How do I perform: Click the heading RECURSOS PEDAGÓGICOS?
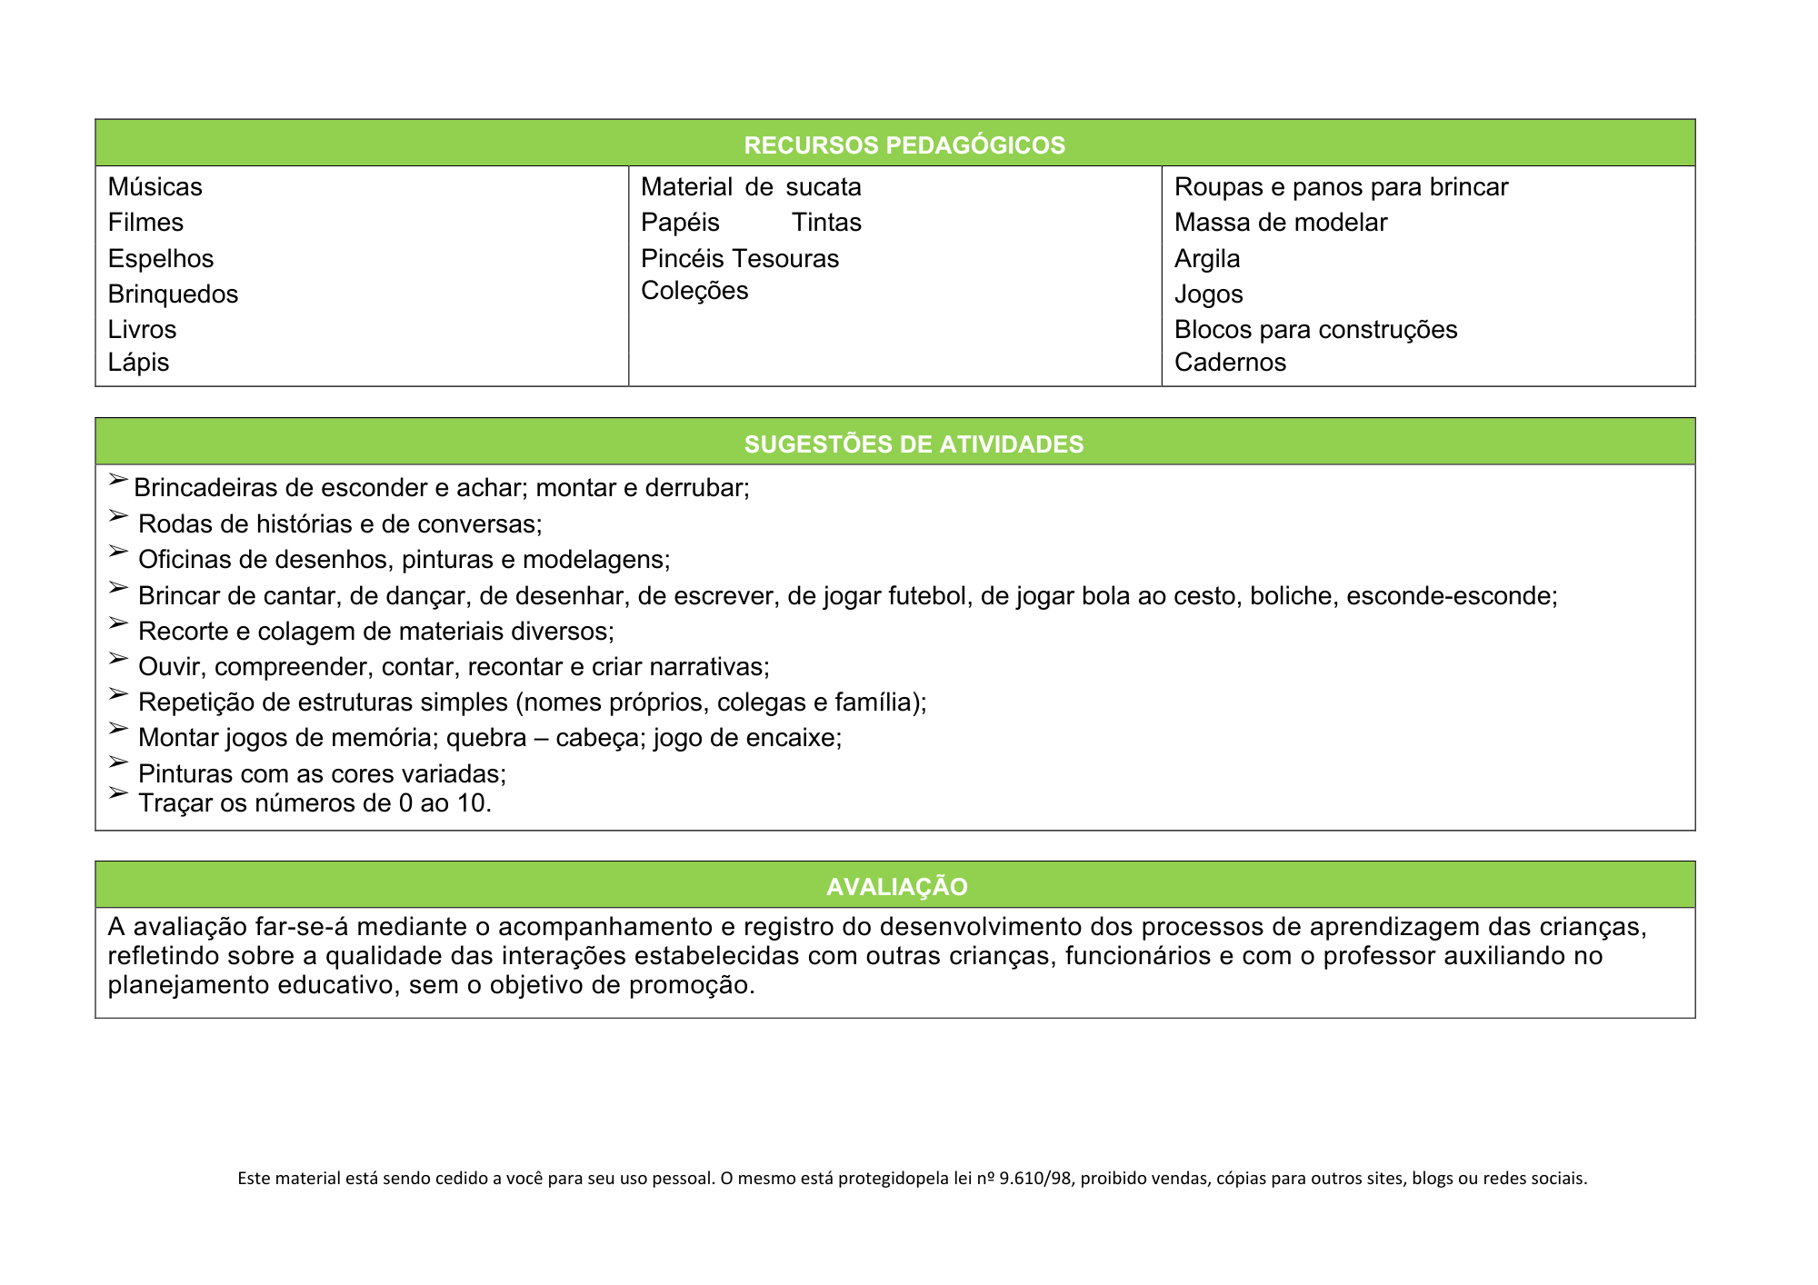904,145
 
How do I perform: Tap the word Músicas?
155,187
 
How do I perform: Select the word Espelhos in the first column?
161,259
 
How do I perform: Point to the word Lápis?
138,363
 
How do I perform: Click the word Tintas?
826,223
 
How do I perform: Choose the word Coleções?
694,291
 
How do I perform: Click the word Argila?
1207,259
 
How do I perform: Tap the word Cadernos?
1230,363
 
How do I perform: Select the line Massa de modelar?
1281,223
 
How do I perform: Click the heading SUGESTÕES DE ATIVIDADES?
914,444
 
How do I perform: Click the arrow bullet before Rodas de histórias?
118,516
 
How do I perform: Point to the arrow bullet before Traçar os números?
118,793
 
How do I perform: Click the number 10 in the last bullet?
474,803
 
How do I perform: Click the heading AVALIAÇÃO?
897,887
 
